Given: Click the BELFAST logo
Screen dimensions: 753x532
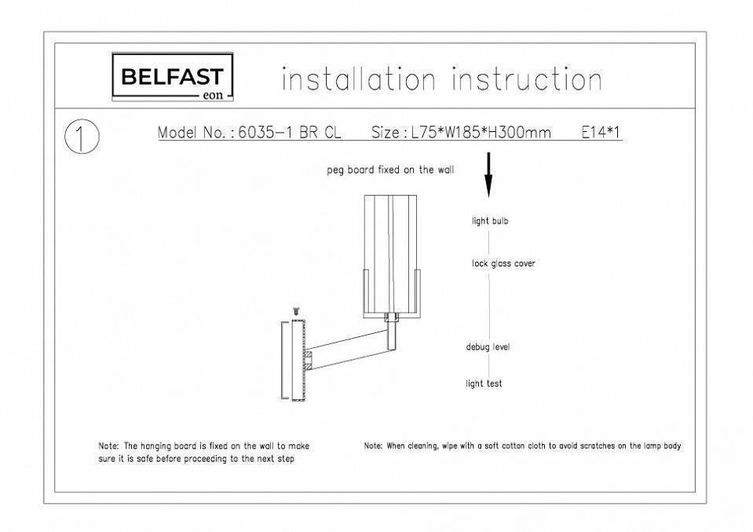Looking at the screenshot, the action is pos(173,77).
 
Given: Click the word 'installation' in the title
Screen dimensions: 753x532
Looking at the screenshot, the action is pos(359,79).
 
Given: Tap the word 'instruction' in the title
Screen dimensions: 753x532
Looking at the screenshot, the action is pos(527,79).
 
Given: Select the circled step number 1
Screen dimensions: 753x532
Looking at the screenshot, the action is pos(82,137).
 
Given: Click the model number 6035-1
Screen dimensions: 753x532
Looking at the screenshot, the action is pos(265,132).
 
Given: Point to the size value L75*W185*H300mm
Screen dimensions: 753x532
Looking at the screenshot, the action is pos(481,132).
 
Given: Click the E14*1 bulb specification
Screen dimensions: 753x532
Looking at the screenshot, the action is pos(601,132).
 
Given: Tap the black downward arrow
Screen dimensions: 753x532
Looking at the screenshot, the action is pos(488,175).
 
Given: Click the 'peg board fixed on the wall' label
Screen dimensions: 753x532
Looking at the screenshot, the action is pos(390,170).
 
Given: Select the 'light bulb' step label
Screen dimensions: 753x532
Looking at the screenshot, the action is pos(490,221).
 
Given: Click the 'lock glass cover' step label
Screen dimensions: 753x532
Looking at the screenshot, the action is pos(503,263).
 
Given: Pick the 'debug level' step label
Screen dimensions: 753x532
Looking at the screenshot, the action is pos(488,347).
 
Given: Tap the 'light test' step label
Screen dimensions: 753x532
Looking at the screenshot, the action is pos(484,383).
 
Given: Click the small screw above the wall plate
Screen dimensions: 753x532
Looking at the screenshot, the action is pos(296,312).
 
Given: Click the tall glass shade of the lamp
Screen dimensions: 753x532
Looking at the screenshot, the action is pos(390,255).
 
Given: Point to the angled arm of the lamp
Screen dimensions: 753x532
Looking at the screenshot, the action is pos(348,350).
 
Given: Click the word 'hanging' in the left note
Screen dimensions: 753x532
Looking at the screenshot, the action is pos(155,446).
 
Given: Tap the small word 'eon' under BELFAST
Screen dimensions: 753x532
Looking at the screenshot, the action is pos(214,95).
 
